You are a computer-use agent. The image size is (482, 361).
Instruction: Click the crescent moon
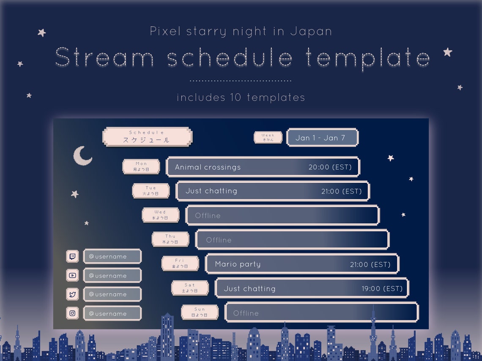[x=82, y=156]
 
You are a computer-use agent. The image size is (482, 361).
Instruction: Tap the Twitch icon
[x=73, y=256]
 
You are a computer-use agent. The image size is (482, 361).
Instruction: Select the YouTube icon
[x=73, y=275]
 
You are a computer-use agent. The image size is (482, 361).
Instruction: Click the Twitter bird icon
[x=73, y=294]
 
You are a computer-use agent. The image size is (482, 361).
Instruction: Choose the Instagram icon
[x=73, y=313]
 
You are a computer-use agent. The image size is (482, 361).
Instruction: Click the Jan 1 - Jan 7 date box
[x=322, y=138]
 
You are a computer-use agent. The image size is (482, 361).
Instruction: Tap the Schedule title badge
[x=147, y=137]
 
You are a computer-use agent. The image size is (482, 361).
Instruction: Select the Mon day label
[x=141, y=166]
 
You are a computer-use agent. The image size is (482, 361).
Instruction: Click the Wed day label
[x=160, y=215]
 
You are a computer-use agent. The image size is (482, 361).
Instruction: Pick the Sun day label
[x=200, y=312]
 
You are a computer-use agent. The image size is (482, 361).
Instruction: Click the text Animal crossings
[x=208, y=167]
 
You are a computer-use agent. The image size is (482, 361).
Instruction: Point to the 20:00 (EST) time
[x=330, y=167]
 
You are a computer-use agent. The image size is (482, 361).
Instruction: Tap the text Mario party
[x=238, y=264]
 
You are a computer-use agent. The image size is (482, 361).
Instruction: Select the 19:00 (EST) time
[x=382, y=289]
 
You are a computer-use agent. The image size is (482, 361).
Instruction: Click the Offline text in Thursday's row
[x=219, y=240]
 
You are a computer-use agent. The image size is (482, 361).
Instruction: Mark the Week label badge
[x=268, y=138]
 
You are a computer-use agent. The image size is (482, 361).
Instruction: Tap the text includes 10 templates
[x=241, y=98]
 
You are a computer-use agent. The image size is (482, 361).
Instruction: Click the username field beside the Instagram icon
[x=112, y=313]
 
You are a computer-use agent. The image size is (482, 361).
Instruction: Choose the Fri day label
[x=180, y=263]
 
